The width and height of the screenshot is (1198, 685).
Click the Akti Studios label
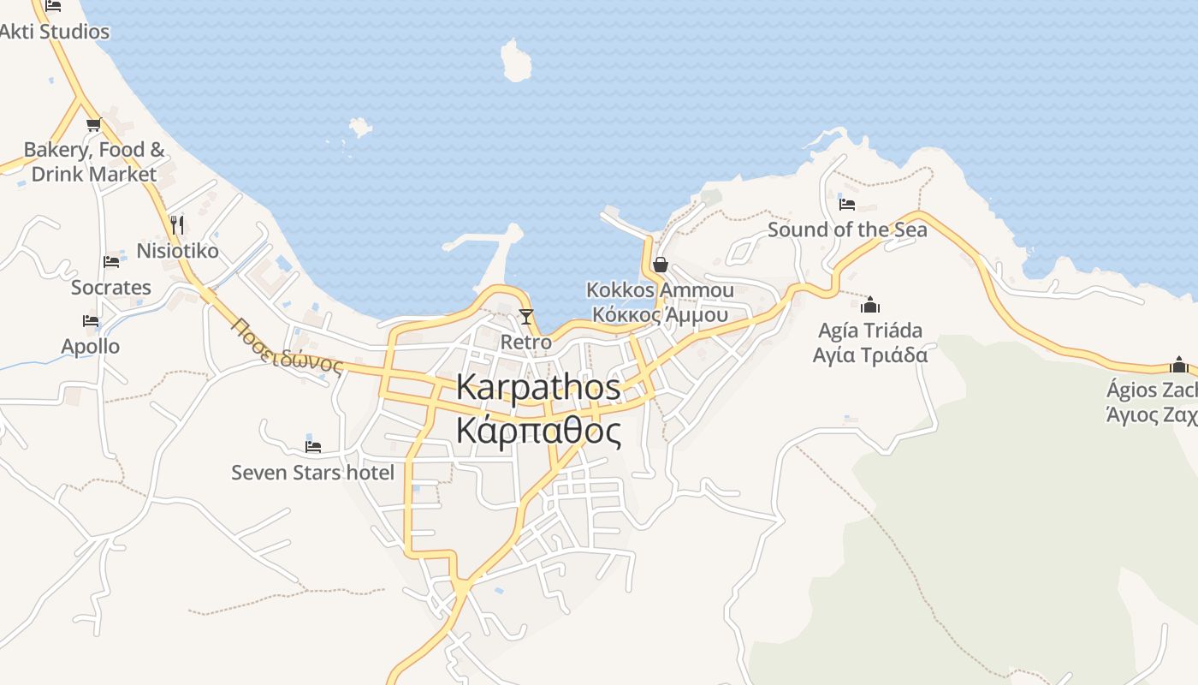click(x=55, y=32)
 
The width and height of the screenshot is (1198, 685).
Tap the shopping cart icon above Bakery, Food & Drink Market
click(x=93, y=125)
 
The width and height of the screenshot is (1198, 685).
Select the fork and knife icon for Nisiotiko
click(x=177, y=224)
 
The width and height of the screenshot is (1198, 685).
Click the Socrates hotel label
click(x=111, y=288)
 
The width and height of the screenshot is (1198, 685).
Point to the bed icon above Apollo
click(x=91, y=321)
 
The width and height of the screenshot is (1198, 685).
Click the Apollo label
click(x=91, y=347)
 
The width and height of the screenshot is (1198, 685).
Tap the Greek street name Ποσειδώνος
click(x=288, y=347)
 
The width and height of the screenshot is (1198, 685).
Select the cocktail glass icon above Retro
click(x=525, y=317)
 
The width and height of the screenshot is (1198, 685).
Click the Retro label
click(x=525, y=342)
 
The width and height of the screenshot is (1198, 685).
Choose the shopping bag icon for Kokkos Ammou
click(x=660, y=265)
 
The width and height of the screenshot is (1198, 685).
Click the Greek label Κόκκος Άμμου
click(x=660, y=314)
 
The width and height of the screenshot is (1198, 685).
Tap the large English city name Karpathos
click(x=538, y=387)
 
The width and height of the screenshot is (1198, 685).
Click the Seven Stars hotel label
click(x=313, y=473)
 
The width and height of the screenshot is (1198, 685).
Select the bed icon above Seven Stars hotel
click(x=313, y=446)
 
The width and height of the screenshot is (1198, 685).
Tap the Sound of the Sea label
click(x=847, y=229)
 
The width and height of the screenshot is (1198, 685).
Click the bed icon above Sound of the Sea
click(x=847, y=204)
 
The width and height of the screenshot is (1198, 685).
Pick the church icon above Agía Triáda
click(x=870, y=305)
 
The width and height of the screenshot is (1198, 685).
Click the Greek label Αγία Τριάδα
click(x=870, y=354)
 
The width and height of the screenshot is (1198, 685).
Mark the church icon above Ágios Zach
click(x=1179, y=365)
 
